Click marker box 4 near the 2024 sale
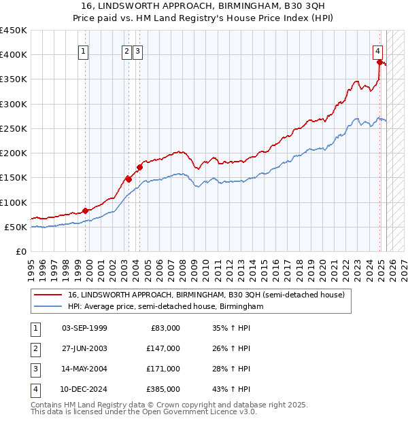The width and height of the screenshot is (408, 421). pyautogui.click(x=377, y=50)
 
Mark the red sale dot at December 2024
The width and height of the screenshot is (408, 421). pyautogui.click(x=380, y=62)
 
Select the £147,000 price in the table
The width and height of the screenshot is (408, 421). pyautogui.click(x=164, y=348)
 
